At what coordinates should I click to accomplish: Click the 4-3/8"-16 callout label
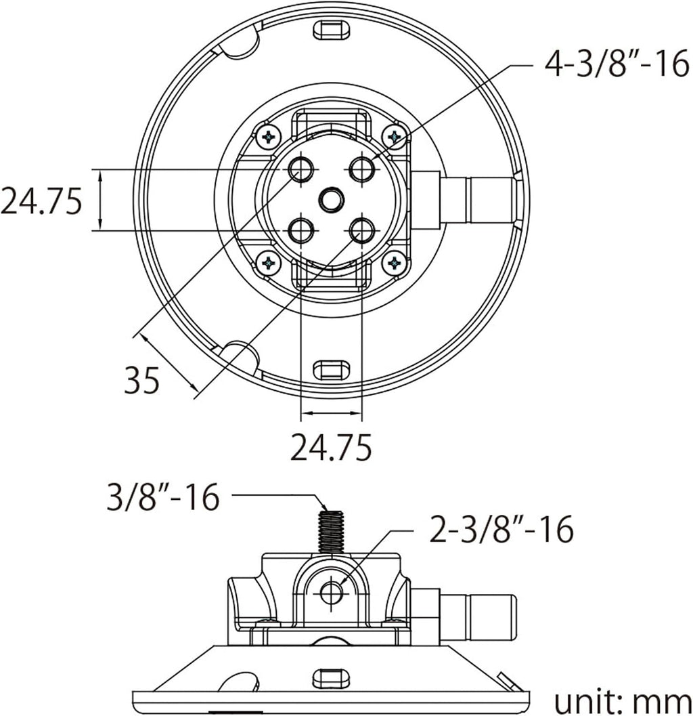617,64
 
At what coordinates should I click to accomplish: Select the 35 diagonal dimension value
142,380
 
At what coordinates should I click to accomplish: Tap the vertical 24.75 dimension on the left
41,201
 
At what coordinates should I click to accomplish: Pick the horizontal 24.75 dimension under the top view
331,447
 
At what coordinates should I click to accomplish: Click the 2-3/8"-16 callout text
501,530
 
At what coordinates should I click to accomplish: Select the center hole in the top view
332,200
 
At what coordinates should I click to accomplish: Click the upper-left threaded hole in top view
301,169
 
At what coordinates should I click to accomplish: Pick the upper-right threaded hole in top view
362,169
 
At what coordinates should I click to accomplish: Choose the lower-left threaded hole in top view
301,230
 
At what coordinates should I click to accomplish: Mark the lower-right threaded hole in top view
362,230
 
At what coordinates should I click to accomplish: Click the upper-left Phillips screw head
269,136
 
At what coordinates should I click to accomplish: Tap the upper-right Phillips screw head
394,136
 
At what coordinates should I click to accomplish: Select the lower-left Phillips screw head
269,263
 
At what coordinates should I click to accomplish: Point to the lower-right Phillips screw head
394,263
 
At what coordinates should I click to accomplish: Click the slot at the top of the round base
332,30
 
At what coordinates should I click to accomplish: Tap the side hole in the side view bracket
332,593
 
